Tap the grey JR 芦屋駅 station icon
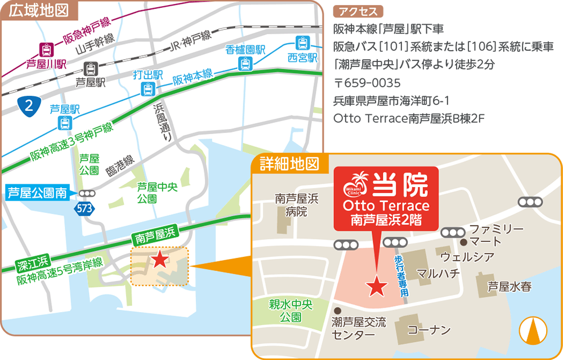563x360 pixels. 91,69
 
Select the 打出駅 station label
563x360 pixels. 148,75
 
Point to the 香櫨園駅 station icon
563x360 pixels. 245,63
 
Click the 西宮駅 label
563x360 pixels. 303,57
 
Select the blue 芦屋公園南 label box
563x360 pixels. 37,193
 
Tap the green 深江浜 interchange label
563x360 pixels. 33,260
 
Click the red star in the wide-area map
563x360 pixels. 160,259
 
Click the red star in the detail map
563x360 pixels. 376,287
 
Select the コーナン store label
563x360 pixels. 429,330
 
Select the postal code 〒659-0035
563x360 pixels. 367,83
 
